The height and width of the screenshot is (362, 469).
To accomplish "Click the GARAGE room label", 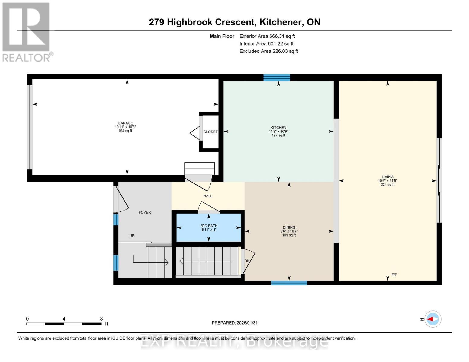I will [x=125, y=123].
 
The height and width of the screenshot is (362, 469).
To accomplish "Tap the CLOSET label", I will [x=210, y=132].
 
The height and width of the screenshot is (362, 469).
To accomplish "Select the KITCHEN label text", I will [x=278, y=128].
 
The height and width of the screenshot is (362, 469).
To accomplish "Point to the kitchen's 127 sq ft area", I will [x=278, y=135].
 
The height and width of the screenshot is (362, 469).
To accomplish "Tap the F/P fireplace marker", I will [x=394, y=275].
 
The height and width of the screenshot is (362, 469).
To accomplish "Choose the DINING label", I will [x=289, y=227].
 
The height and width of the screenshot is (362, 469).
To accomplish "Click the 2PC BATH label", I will [x=209, y=226].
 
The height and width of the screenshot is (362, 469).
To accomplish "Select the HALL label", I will [x=208, y=196].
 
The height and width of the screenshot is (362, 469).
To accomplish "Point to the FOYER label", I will [x=145, y=212].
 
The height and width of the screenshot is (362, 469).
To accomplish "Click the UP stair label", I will [x=132, y=236].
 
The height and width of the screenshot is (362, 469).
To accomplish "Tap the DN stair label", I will [x=247, y=261].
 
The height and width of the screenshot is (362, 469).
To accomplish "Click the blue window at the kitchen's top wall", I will [x=277, y=78].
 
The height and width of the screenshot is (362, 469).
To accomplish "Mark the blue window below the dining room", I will [x=289, y=283].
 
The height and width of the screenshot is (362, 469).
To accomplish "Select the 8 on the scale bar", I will [x=101, y=319].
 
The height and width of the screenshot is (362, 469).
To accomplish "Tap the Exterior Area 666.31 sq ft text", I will [x=267, y=36].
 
